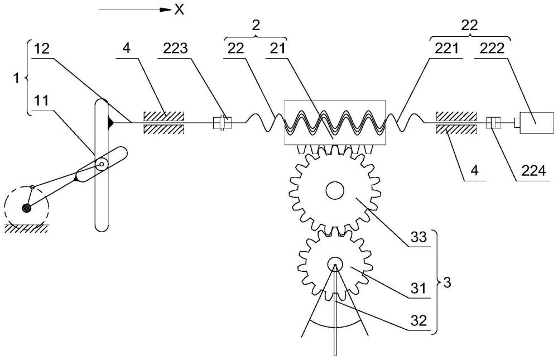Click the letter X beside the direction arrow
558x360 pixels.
(x=179, y=9)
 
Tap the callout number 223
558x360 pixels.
(x=175, y=49)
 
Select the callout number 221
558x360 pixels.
(x=446, y=49)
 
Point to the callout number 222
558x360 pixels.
(x=492, y=49)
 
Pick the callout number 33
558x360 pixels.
(x=419, y=237)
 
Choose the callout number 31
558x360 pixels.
(x=419, y=288)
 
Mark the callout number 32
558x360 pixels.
(x=419, y=320)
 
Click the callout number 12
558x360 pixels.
(x=42, y=49)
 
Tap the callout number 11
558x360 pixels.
(x=42, y=100)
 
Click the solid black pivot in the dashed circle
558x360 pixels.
(x=26, y=208)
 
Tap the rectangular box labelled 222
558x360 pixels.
(x=536, y=123)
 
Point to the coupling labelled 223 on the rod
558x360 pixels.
(x=222, y=123)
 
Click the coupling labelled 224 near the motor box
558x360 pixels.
(x=494, y=123)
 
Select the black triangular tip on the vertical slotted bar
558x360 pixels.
(x=110, y=123)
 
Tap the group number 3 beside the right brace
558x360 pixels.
(x=448, y=283)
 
